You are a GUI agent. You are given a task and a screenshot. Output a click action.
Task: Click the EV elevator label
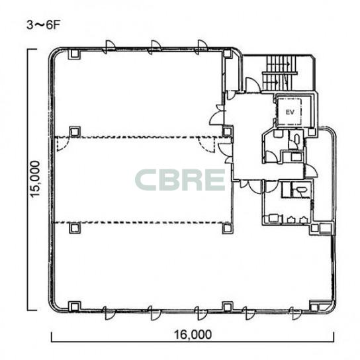[290, 112]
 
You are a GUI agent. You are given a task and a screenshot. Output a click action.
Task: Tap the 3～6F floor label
[43, 25]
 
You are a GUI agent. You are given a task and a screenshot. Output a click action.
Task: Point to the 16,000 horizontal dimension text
[193, 334]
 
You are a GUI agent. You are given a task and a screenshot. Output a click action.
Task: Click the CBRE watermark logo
[180, 180]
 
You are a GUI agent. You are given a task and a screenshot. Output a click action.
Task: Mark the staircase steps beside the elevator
[280, 73]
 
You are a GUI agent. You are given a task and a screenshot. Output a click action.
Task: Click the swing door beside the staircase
[253, 85]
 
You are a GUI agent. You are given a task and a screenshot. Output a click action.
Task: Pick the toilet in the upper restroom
[296, 138]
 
